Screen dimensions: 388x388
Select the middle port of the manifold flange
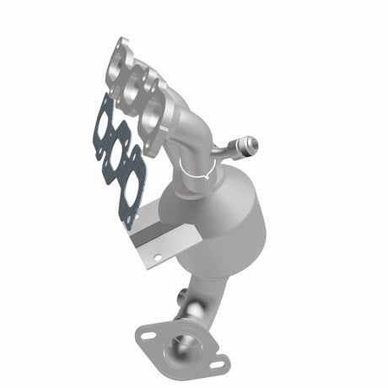click(x=136, y=88)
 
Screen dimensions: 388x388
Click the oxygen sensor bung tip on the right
click(x=251, y=146)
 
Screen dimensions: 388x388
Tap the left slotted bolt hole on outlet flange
click(x=148, y=335)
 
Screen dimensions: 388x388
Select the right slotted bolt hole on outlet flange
click(x=216, y=365)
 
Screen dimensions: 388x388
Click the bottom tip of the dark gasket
click(x=128, y=226)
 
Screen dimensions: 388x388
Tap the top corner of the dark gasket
click(x=104, y=96)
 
